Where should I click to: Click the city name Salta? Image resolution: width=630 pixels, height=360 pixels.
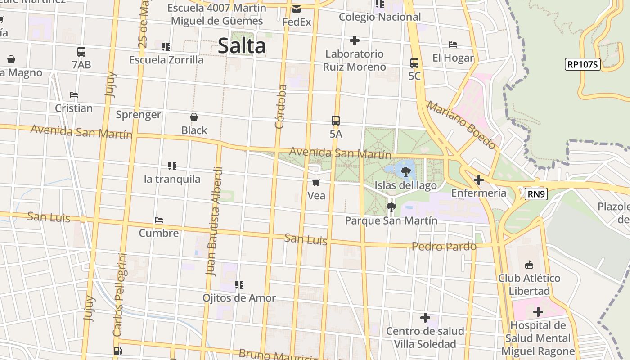click(x=242, y=46)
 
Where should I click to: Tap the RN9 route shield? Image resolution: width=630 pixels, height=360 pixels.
click(x=535, y=194)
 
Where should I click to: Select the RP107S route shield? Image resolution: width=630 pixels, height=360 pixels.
click(x=582, y=64)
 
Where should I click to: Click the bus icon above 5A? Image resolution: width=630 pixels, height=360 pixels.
click(x=336, y=121)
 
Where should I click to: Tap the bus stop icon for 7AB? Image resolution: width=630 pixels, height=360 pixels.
click(x=81, y=52)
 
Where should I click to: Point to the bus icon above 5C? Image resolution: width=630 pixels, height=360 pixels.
click(x=414, y=63)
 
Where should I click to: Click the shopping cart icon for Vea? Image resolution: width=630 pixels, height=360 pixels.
click(x=316, y=182)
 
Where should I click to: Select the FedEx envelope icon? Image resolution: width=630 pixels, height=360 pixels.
click(x=297, y=9)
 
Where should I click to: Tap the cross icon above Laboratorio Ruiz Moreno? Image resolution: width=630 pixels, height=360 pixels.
click(x=355, y=40)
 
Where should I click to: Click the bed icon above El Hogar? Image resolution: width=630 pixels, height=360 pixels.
click(x=453, y=45)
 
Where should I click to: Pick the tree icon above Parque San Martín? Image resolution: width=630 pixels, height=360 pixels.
click(x=391, y=207)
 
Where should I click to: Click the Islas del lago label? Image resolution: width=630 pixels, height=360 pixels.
click(x=405, y=185)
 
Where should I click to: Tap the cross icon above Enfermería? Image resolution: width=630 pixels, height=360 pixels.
click(x=479, y=180)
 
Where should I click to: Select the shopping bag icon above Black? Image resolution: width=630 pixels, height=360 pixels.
click(x=194, y=117)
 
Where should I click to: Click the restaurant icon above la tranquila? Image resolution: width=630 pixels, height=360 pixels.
click(x=172, y=166)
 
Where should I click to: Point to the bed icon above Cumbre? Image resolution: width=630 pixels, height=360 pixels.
click(x=159, y=220)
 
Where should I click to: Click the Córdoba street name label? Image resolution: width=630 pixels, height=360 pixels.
click(x=280, y=107)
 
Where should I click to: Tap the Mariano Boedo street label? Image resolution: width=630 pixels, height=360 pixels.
click(x=461, y=125)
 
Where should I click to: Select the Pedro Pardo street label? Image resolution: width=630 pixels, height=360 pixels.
click(x=444, y=246)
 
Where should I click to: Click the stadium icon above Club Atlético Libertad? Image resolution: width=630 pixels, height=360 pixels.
click(x=529, y=265)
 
